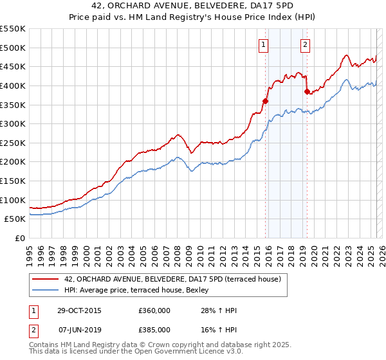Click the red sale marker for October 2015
(x=265, y=100)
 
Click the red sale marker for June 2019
(x=307, y=91)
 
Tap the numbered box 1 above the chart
(x=264, y=44)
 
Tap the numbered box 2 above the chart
(x=305, y=44)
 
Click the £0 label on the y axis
(x=21, y=239)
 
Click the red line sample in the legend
(x=46, y=279)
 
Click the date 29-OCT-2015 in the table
(x=79, y=310)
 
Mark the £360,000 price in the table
(x=154, y=310)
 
